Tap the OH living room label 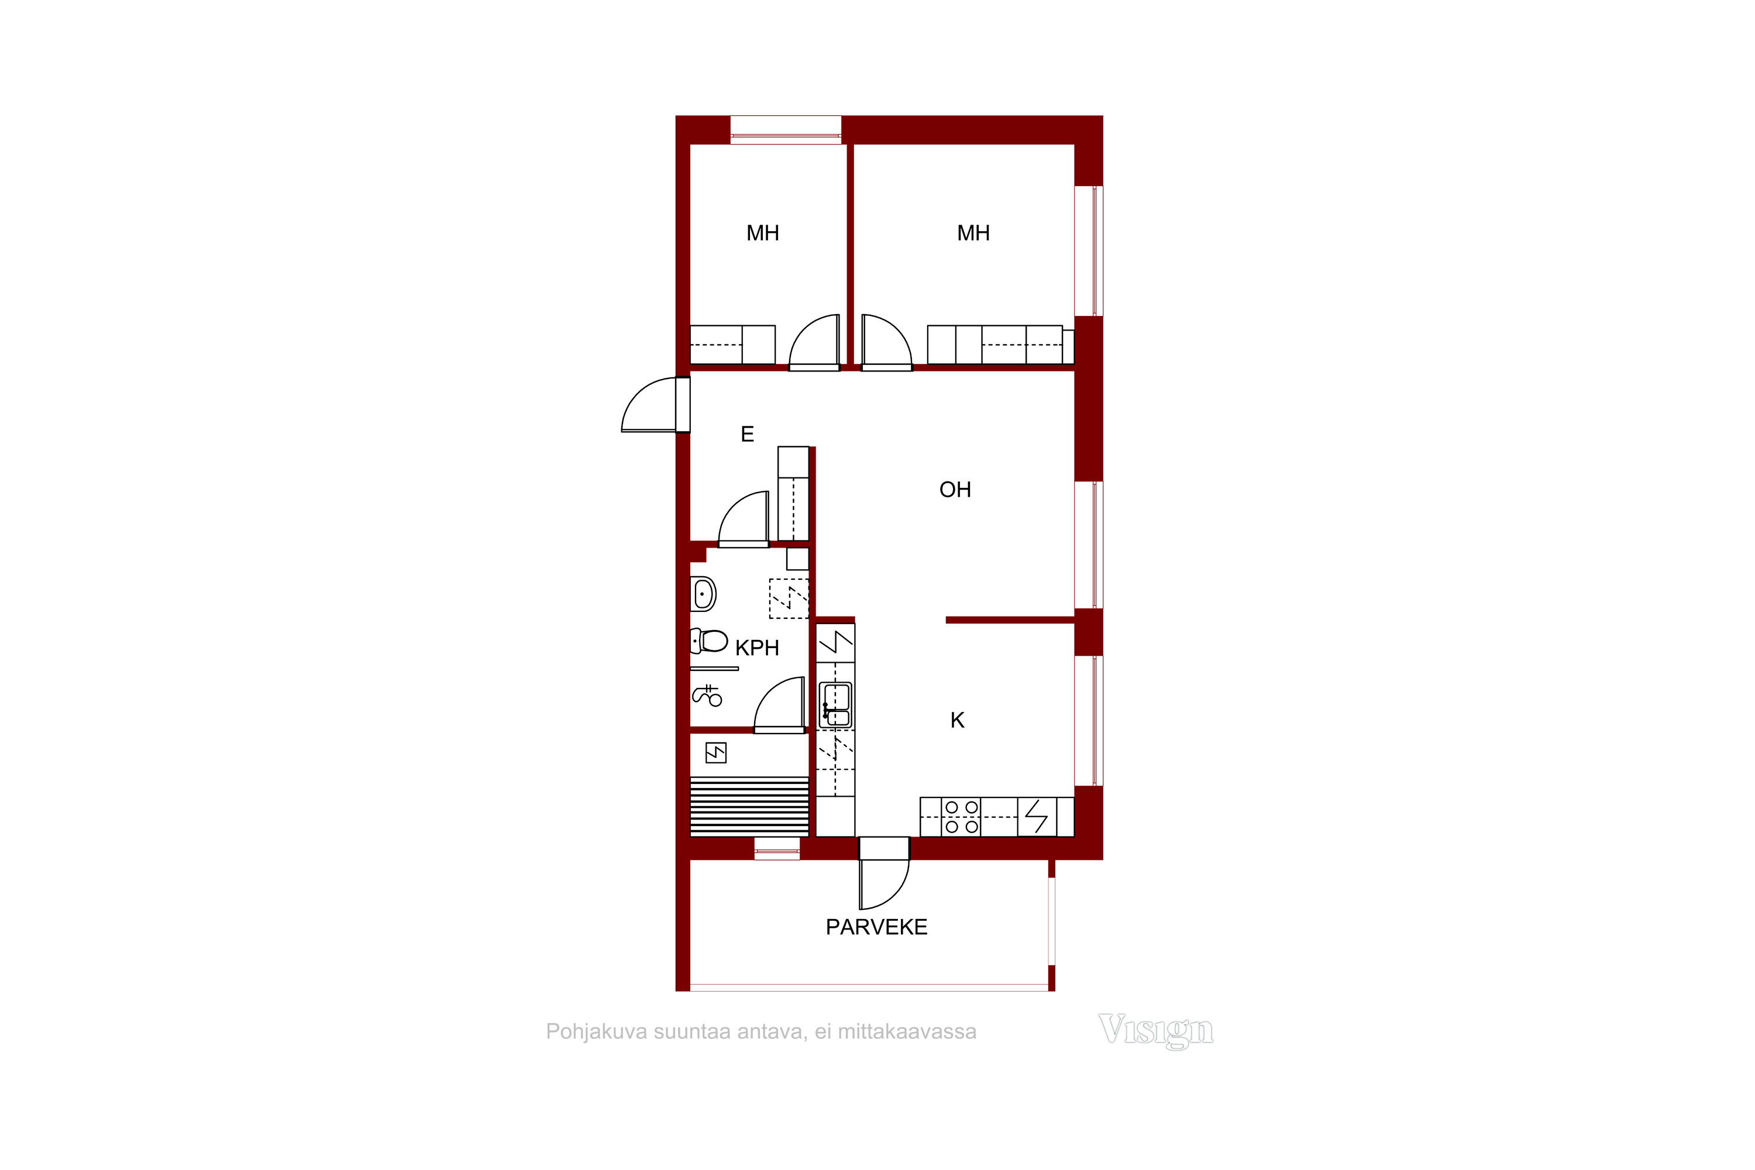955,490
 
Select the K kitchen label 957,720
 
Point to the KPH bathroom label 756,648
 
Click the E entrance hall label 747,433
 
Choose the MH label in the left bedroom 763,233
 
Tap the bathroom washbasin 703,594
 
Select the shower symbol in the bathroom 707,696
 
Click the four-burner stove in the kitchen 961,817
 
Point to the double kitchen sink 836,705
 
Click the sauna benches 749,807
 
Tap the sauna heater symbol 715,753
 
